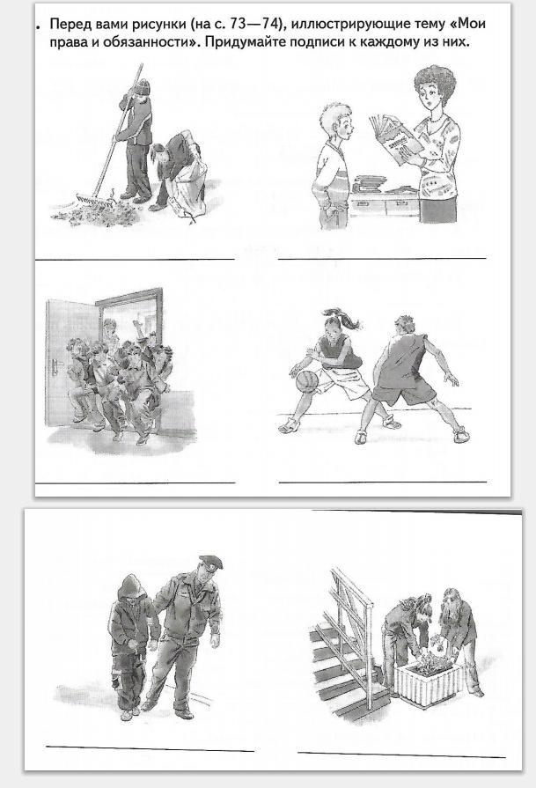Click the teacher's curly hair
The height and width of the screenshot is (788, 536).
click(436, 79)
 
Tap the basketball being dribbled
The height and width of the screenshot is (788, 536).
click(306, 380)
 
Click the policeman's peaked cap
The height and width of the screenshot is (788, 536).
click(210, 562)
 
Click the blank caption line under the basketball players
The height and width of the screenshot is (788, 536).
click(383, 482)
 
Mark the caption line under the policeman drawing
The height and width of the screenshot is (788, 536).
click(150, 748)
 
